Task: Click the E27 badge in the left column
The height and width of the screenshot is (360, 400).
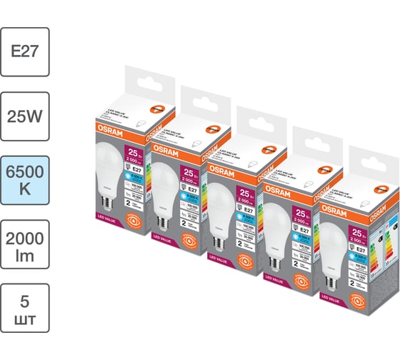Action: coord(25,51)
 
